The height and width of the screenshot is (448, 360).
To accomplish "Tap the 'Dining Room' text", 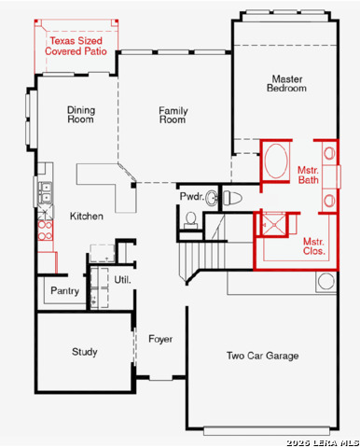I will (x=81, y=115).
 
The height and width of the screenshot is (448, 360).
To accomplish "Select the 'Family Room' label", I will (x=173, y=115).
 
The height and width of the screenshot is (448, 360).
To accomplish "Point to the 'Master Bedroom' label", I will (x=288, y=84).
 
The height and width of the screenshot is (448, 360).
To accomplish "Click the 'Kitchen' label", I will (x=87, y=217).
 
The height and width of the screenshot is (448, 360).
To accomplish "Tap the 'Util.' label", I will (x=122, y=280).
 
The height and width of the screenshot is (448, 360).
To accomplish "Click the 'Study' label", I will (x=85, y=352).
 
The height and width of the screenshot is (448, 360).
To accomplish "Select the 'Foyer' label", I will (x=160, y=338).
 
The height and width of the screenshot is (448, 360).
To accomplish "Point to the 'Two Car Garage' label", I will (x=262, y=356).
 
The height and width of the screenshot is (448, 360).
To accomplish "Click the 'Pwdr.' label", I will (x=191, y=197).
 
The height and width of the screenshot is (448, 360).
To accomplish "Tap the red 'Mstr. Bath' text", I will (x=308, y=175).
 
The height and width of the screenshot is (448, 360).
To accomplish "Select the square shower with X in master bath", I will (x=272, y=224).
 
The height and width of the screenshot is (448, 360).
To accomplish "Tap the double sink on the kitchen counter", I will (x=44, y=194).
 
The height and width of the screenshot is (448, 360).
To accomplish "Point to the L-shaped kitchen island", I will (x=107, y=182).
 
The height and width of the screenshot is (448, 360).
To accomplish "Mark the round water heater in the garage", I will (x=327, y=282).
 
